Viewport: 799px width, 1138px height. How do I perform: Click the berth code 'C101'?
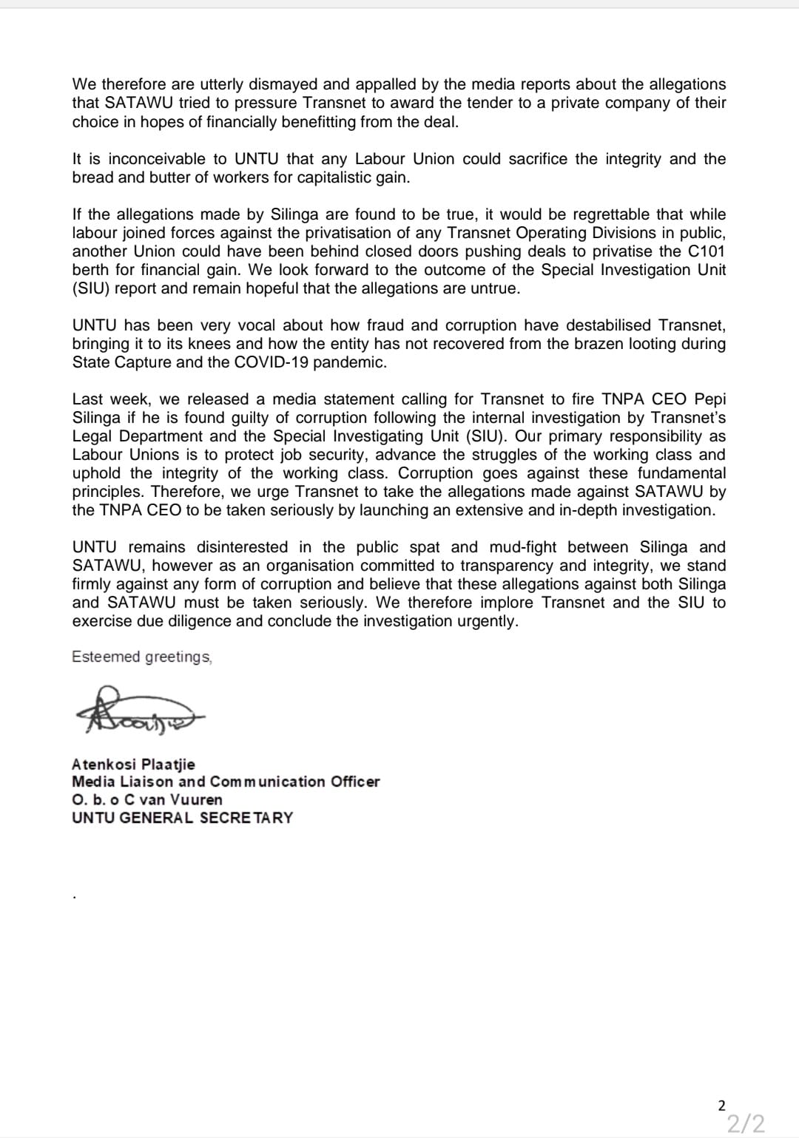pos(706,251)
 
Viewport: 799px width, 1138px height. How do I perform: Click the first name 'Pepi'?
pos(709,399)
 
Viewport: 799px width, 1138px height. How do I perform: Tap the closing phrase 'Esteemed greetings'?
pos(141,657)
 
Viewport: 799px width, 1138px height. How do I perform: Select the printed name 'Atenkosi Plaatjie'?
pos(133,764)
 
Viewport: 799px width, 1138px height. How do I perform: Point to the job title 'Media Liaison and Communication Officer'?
pos(226,782)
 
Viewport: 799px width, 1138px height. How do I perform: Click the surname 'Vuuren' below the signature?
pos(196,799)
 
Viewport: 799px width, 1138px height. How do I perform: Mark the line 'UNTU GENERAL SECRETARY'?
pos(182,818)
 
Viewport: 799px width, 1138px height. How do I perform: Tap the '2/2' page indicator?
pos(745,1124)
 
